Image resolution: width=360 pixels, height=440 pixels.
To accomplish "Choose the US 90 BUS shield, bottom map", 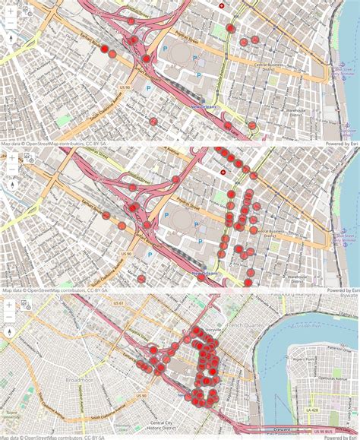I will (x=321, y=431).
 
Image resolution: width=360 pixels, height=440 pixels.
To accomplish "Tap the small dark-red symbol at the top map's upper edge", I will (x=222, y=5).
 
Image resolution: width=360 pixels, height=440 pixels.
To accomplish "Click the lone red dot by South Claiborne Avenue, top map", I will (x=153, y=121).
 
